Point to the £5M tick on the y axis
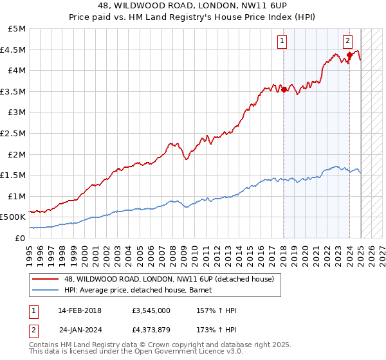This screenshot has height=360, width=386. [x=17, y=29]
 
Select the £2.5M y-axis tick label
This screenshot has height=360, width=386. [x=14, y=133]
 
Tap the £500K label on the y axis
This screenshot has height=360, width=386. [x=14, y=217]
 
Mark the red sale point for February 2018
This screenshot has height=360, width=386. [x=284, y=89]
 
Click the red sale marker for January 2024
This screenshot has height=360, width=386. [x=349, y=55]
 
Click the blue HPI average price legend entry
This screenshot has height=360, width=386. [x=142, y=290]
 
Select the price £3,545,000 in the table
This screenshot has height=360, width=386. [x=151, y=310]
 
